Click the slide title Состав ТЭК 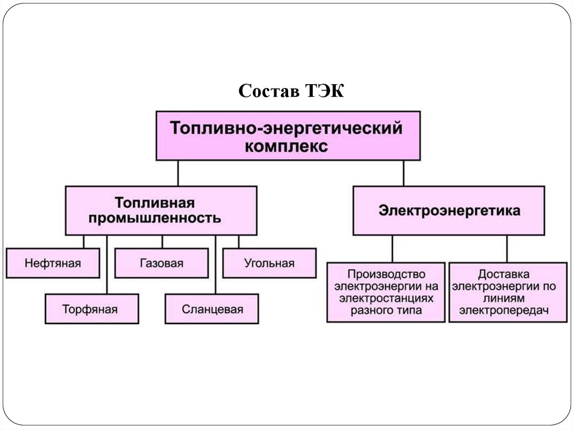pyautogui.click(x=291, y=90)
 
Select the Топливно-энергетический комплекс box pyautogui.click(x=288, y=136)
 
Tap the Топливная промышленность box pyautogui.click(x=161, y=210)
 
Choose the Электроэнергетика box pyautogui.click(x=448, y=210)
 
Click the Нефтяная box pyautogui.click(x=53, y=263)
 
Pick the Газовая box pyautogui.click(x=161, y=263)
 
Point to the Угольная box pyautogui.click(x=269, y=263)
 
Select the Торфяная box pyautogui.click(x=92, y=309)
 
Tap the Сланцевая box pyautogui.click(x=212, y=309)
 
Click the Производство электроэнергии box pyautogui.click(x=386, y=292)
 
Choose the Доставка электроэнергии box pyautogui.click(x=508, y=292)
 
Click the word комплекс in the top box pyautogui.click(x=287, y=146)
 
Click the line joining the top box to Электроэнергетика pyautogui.click(x=403, y=173)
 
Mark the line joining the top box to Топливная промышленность pyautogui.click(x=178, y=173)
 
